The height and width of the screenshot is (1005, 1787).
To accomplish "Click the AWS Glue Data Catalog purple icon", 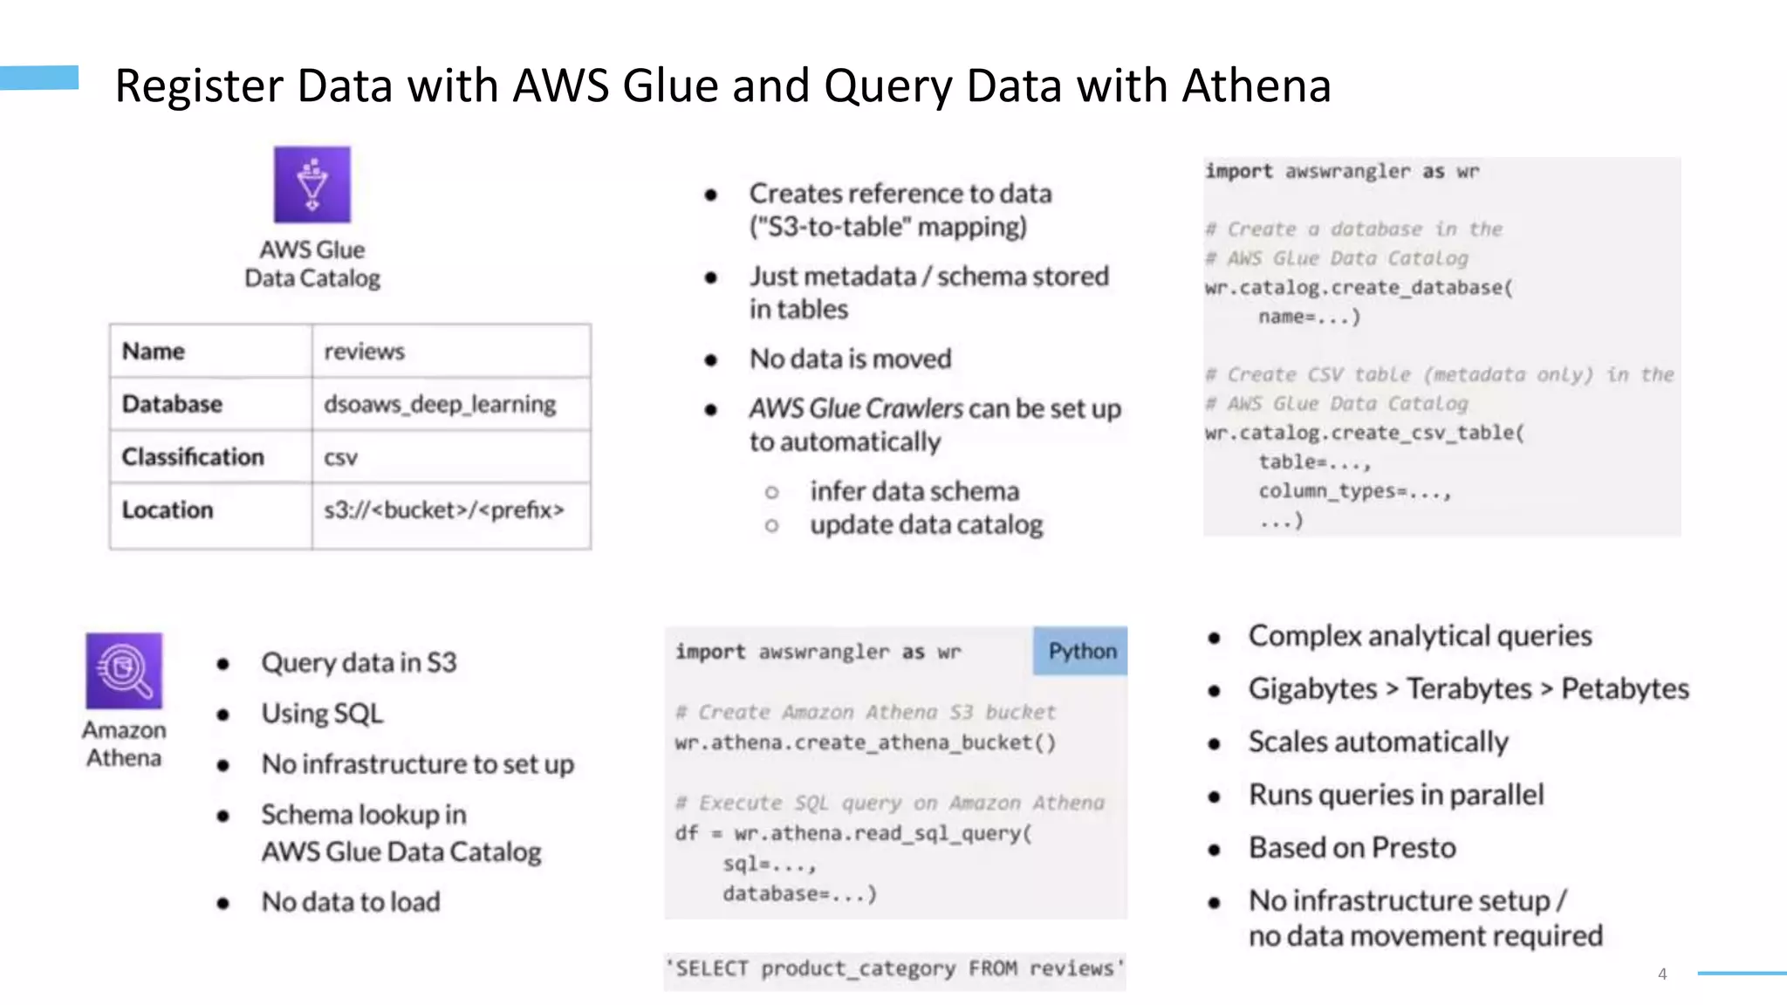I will tap(312, 184).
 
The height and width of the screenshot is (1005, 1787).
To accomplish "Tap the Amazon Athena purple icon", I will tap(124, 670).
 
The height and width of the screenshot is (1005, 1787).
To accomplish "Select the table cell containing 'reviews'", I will tap(364, 352).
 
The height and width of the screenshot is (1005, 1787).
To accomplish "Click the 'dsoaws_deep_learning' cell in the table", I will tap(440, 404).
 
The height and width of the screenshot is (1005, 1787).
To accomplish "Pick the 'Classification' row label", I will tap(193, 457).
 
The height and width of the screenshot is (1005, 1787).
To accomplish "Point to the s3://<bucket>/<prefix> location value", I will tap(444, 509).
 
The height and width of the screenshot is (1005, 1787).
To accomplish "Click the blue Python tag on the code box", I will tap(1081, 651).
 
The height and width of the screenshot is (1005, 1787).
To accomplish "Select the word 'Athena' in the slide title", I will tap(1256, 86).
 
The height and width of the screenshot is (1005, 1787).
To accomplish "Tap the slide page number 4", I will tap(1662, 974).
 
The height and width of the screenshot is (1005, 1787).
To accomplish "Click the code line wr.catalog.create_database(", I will tap(1359, 288).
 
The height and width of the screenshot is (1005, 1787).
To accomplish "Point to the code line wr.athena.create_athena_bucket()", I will tap(865, 742).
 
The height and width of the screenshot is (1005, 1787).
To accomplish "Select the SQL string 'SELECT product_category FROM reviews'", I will tap(895, 969).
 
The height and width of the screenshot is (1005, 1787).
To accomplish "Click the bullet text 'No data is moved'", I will tap(850, 359).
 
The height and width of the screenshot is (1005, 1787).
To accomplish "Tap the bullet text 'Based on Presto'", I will tap(1352, 848).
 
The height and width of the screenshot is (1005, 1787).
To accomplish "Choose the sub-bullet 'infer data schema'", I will tap(914, 491).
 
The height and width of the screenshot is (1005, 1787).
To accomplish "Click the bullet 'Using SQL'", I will tap(322, 714).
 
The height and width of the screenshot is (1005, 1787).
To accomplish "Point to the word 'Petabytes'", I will tap(1625, 689).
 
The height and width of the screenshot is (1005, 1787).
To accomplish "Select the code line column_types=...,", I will tap(1354, 491).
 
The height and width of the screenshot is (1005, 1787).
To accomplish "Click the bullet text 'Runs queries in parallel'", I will tap(1396, 795).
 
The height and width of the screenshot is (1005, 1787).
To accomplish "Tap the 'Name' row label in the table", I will tap(154, 352).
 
